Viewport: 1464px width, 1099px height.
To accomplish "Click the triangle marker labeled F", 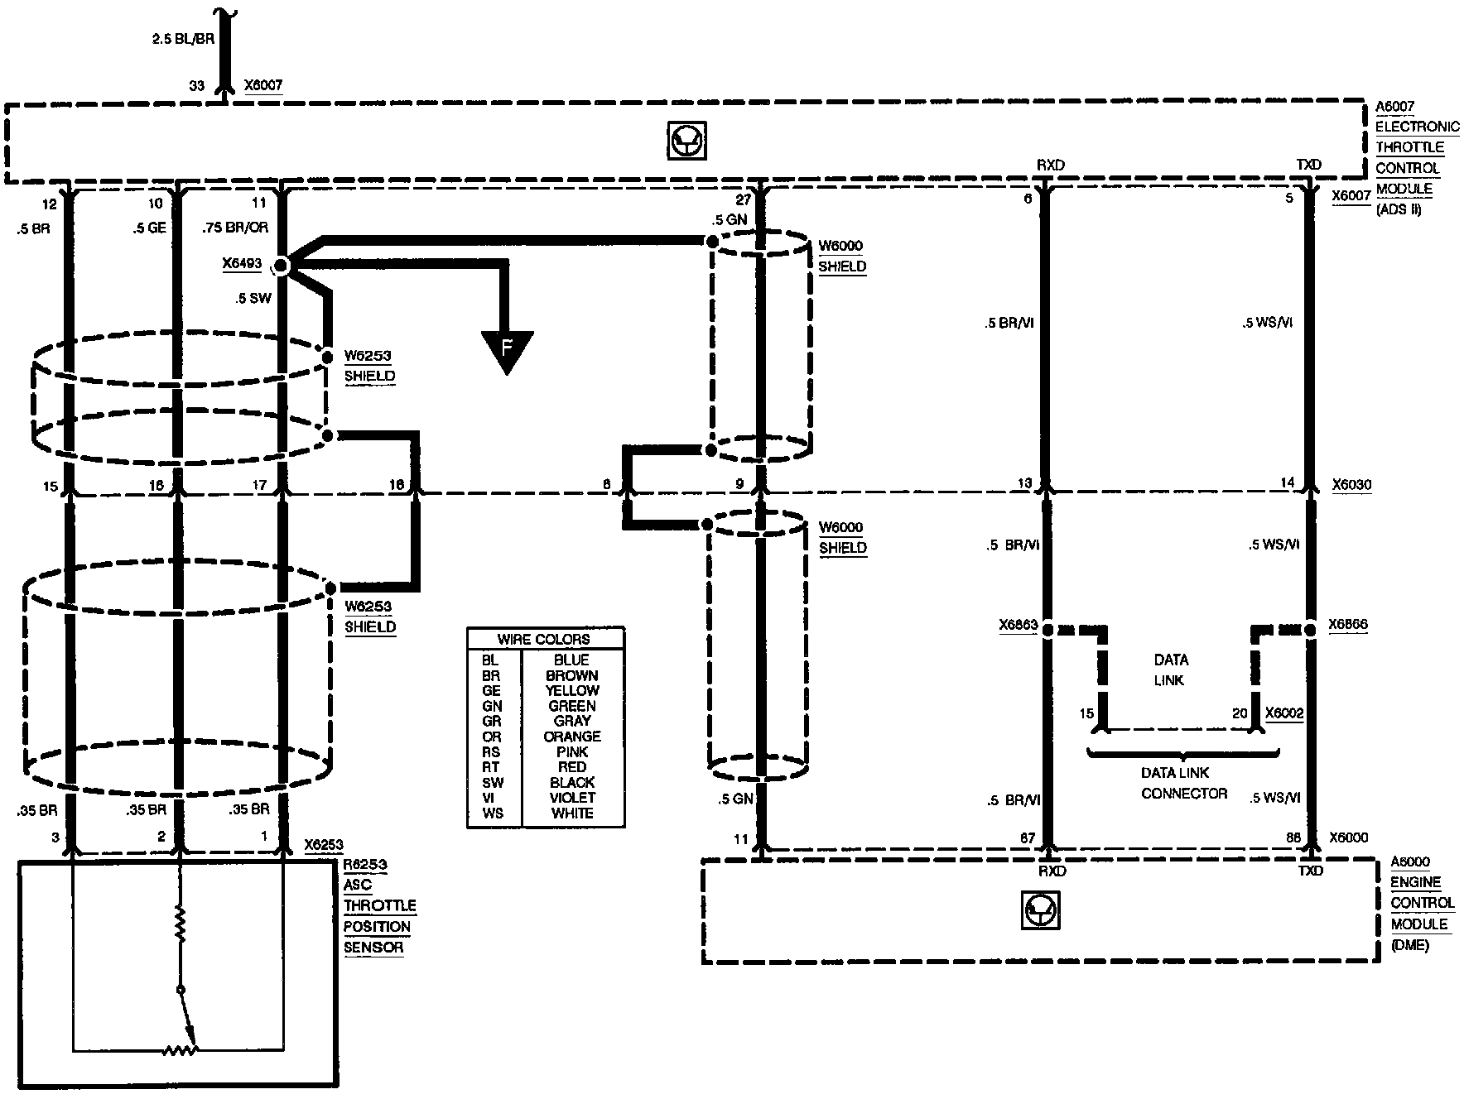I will [x=507, y=349].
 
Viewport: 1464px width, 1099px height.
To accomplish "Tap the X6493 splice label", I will [x=241, y=264].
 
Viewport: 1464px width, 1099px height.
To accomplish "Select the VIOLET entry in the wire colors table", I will [x=571, y=798].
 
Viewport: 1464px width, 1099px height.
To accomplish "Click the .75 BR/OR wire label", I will [x=235, y=228].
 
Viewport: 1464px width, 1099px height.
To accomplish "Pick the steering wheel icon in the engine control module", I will [x=1040, y=911].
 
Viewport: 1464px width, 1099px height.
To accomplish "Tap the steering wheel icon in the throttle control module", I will [x=686, y=142].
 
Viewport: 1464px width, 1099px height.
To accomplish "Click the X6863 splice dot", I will [x=1047, y=631].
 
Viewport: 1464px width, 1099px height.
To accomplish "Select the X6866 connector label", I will [x=1347, y=626].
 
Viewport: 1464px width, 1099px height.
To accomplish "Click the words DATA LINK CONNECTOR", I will [x=1183, y=783].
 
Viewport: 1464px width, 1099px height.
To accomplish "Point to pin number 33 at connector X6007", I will [x=197, y=84].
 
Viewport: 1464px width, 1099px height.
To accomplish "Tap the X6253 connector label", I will [x=323, y=845].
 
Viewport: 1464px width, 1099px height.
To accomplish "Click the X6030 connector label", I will [x=1351, y=484].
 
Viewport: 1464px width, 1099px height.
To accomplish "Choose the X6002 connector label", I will [x=1284, y=713].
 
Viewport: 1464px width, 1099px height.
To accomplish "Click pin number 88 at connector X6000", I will [x=1293, y=837].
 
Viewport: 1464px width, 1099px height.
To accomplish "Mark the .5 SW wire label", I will [x=253, y=298].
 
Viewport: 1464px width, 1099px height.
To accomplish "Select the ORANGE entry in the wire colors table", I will [x=571, y=737].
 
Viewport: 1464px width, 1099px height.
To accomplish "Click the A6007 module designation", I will [x=1394, y=107].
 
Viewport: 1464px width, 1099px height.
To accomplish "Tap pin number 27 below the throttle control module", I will [x=743, y=199].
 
